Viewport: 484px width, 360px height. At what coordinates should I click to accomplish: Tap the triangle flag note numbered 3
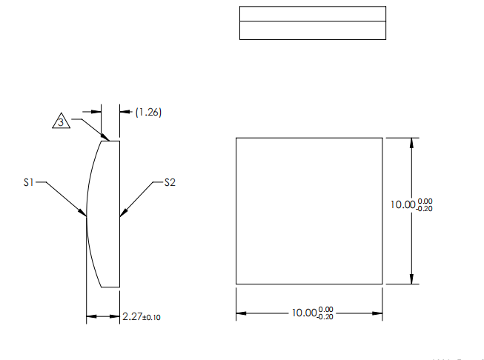tap(62, 121)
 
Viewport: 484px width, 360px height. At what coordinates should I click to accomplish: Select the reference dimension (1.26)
tap(148, 113)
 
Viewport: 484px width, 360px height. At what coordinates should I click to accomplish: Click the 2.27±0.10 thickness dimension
tap(141, 317)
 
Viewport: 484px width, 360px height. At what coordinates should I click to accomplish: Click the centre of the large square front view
tap(309, 210)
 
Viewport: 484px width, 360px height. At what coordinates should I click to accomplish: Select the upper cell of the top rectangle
tap(312, 13)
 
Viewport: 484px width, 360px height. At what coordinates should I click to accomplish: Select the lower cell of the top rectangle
tap(312, 30)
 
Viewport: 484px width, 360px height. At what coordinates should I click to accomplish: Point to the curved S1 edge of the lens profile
tap(90, 185)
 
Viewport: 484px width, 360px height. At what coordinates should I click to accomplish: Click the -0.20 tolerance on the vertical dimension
tap(425, 210)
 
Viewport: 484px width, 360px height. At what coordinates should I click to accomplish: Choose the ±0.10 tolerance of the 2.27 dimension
tap(151, 318)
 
